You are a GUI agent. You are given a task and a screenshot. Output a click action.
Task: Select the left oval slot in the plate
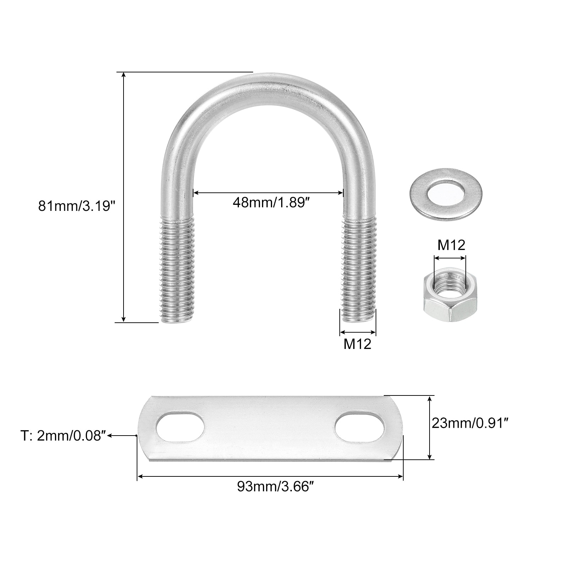[x=180, y=427]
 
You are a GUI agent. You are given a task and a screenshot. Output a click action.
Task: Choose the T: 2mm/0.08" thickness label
[x=63, y=436]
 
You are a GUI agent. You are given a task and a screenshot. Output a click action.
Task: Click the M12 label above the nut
[x=451, y=245]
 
